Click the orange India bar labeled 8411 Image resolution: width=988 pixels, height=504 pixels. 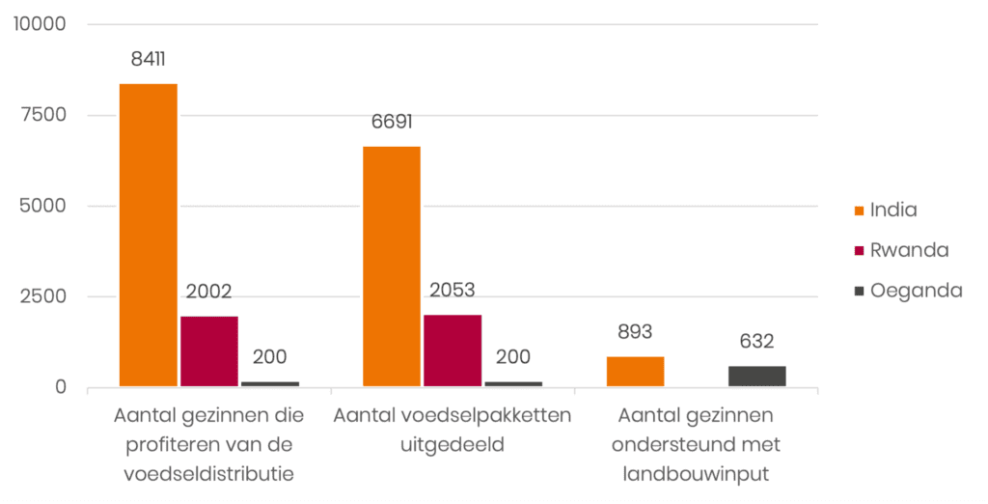coord(149,235)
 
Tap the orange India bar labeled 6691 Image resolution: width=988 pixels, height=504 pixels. coord(392,266)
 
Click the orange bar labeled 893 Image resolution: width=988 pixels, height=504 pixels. coord(635,372)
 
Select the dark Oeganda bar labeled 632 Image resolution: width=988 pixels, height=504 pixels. coord(757,377)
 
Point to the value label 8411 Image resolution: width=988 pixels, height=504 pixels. coord(149,59)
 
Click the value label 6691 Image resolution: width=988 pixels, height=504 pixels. coord(392,123)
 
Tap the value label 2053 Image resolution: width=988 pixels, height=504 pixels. coord(453,291)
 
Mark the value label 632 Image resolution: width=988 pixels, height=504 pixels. coord(757,341)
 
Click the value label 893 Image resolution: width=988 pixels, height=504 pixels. coord(635,332)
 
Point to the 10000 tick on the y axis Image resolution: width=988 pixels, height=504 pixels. coord(40,24)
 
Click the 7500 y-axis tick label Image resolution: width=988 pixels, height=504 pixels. coord(44,115)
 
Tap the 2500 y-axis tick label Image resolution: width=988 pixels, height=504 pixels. coord(44,296)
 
